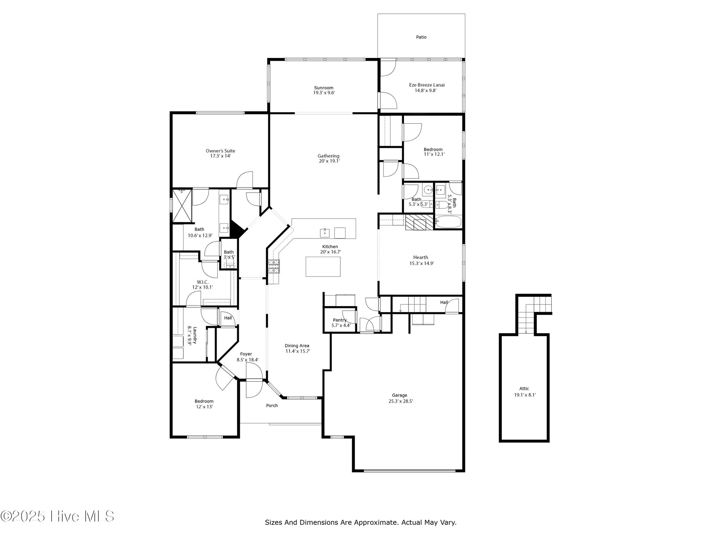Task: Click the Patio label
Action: pyautogui.click(x=421, y=37)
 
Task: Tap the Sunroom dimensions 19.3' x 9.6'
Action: pyautogui.click(x=323, y=93)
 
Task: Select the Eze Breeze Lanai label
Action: pyautogui.click(x=427, y=85)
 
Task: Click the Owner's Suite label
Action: pyautogui.click(x=220, y=151)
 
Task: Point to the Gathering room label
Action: pyautogui.click(x=328, y=156)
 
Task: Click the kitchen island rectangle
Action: pyautogui.click(x=323, y=267)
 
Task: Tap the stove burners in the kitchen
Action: pyautogui.click(x=273, y=267)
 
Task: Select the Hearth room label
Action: pyautogui.click(x=421, y=257)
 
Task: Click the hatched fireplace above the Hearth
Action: pyautogui.click(x=419, y=222)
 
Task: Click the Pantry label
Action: pyautogui.click(x=339, y=320)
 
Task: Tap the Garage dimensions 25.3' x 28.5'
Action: pyautogui.click(x=400, y=401)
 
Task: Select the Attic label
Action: pyautogui.click(x=524, y=388)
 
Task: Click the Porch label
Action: pyautogui.click(x=272, y=405)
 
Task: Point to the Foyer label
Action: pyautogui.click(x=246, y=354)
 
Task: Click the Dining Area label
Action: pyautogui.click(x=297, y=346)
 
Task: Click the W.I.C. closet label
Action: pyautogui.click(x=203, y=282)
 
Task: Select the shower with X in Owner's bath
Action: pyautogui.click(x=182, y=206)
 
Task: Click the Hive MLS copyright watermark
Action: pyautogui.click(x=58, y=516)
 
